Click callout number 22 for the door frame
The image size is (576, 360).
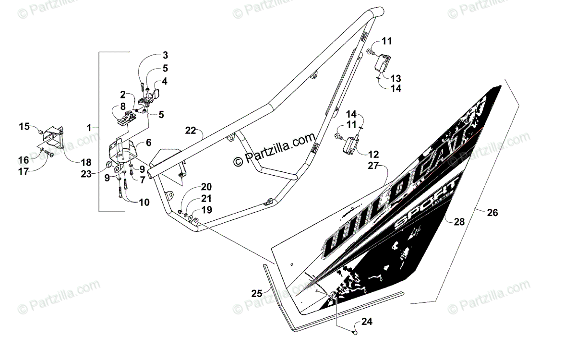point(191,131)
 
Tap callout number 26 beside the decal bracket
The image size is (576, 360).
point(492,213)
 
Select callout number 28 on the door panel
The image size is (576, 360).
point(459,221)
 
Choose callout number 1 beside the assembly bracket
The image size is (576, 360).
point(89,128)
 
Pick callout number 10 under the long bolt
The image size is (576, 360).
point(144,203)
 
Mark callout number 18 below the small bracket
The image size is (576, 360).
point(85,162)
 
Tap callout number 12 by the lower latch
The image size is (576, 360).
point(373,155)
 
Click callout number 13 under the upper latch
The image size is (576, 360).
point(396,78)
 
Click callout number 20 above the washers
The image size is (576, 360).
point(206,186)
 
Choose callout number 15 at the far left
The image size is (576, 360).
point(24,127)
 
